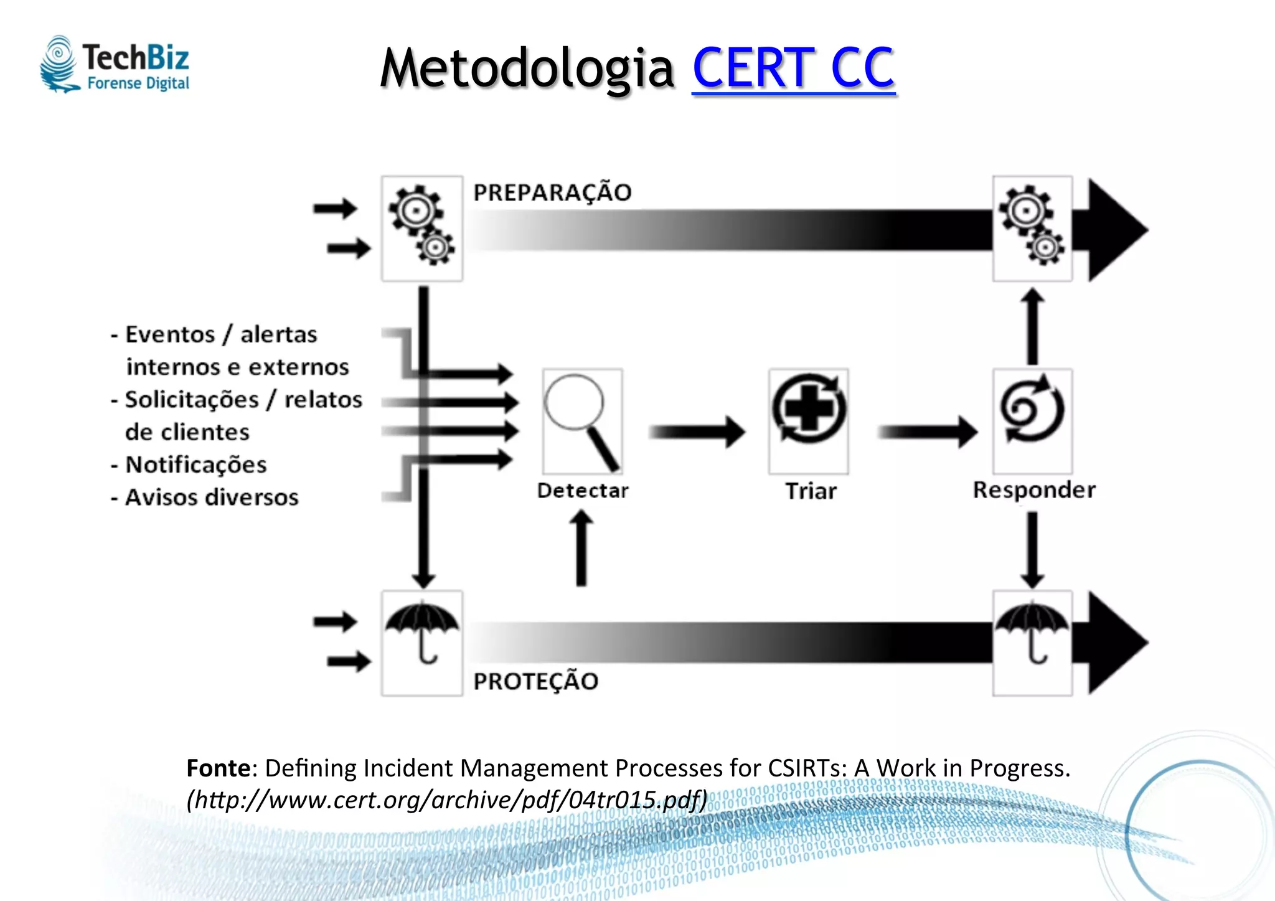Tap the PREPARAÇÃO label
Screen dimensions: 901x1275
coord(552,192)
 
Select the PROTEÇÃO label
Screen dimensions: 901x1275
coord(535,681)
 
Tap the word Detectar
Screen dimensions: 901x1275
coord(583,491)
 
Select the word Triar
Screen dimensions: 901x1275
coord(811,491)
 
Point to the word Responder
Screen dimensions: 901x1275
coord(1034,490)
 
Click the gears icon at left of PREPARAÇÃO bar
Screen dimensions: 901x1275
coord(422,228)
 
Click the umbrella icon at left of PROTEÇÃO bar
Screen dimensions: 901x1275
coord(422,641)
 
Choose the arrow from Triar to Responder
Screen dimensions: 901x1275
coord(926,432)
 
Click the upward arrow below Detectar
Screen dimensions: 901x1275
coord(581,548)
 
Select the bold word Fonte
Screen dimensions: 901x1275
coord(218,768)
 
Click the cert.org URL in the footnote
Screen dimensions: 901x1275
coord(447,800)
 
